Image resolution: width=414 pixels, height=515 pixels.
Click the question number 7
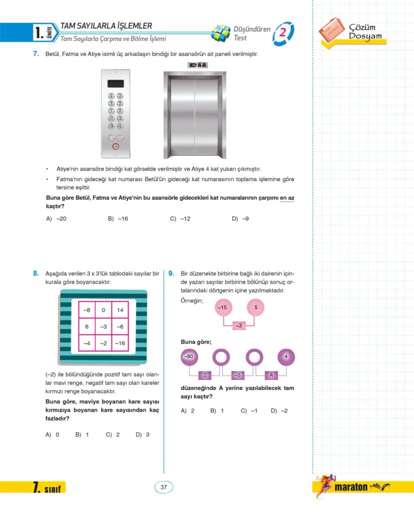[36, 54]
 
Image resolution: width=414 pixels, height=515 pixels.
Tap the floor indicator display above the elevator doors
[196, 65]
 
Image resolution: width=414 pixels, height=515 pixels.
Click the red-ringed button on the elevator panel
[115, 146]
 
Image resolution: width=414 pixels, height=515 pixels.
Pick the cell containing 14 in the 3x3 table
[120, 310]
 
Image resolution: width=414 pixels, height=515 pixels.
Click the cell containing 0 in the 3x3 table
[103, 310]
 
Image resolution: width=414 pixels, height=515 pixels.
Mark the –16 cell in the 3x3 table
[120, 343]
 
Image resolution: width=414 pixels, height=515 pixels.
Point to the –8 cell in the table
[87, 310]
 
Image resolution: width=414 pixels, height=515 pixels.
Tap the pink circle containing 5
[255, 307]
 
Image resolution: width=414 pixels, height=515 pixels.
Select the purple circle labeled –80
[188, 357]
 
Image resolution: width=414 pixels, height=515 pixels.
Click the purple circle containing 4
[286, 357]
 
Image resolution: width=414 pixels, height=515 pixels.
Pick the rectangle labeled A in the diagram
[270, 374]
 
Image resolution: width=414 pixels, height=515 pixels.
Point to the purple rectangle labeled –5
[238, 374]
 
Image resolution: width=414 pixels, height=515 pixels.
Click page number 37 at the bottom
[163, 487]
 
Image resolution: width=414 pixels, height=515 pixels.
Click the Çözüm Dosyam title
[365, 31]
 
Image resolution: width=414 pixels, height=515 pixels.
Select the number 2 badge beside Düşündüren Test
[283, 32]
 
